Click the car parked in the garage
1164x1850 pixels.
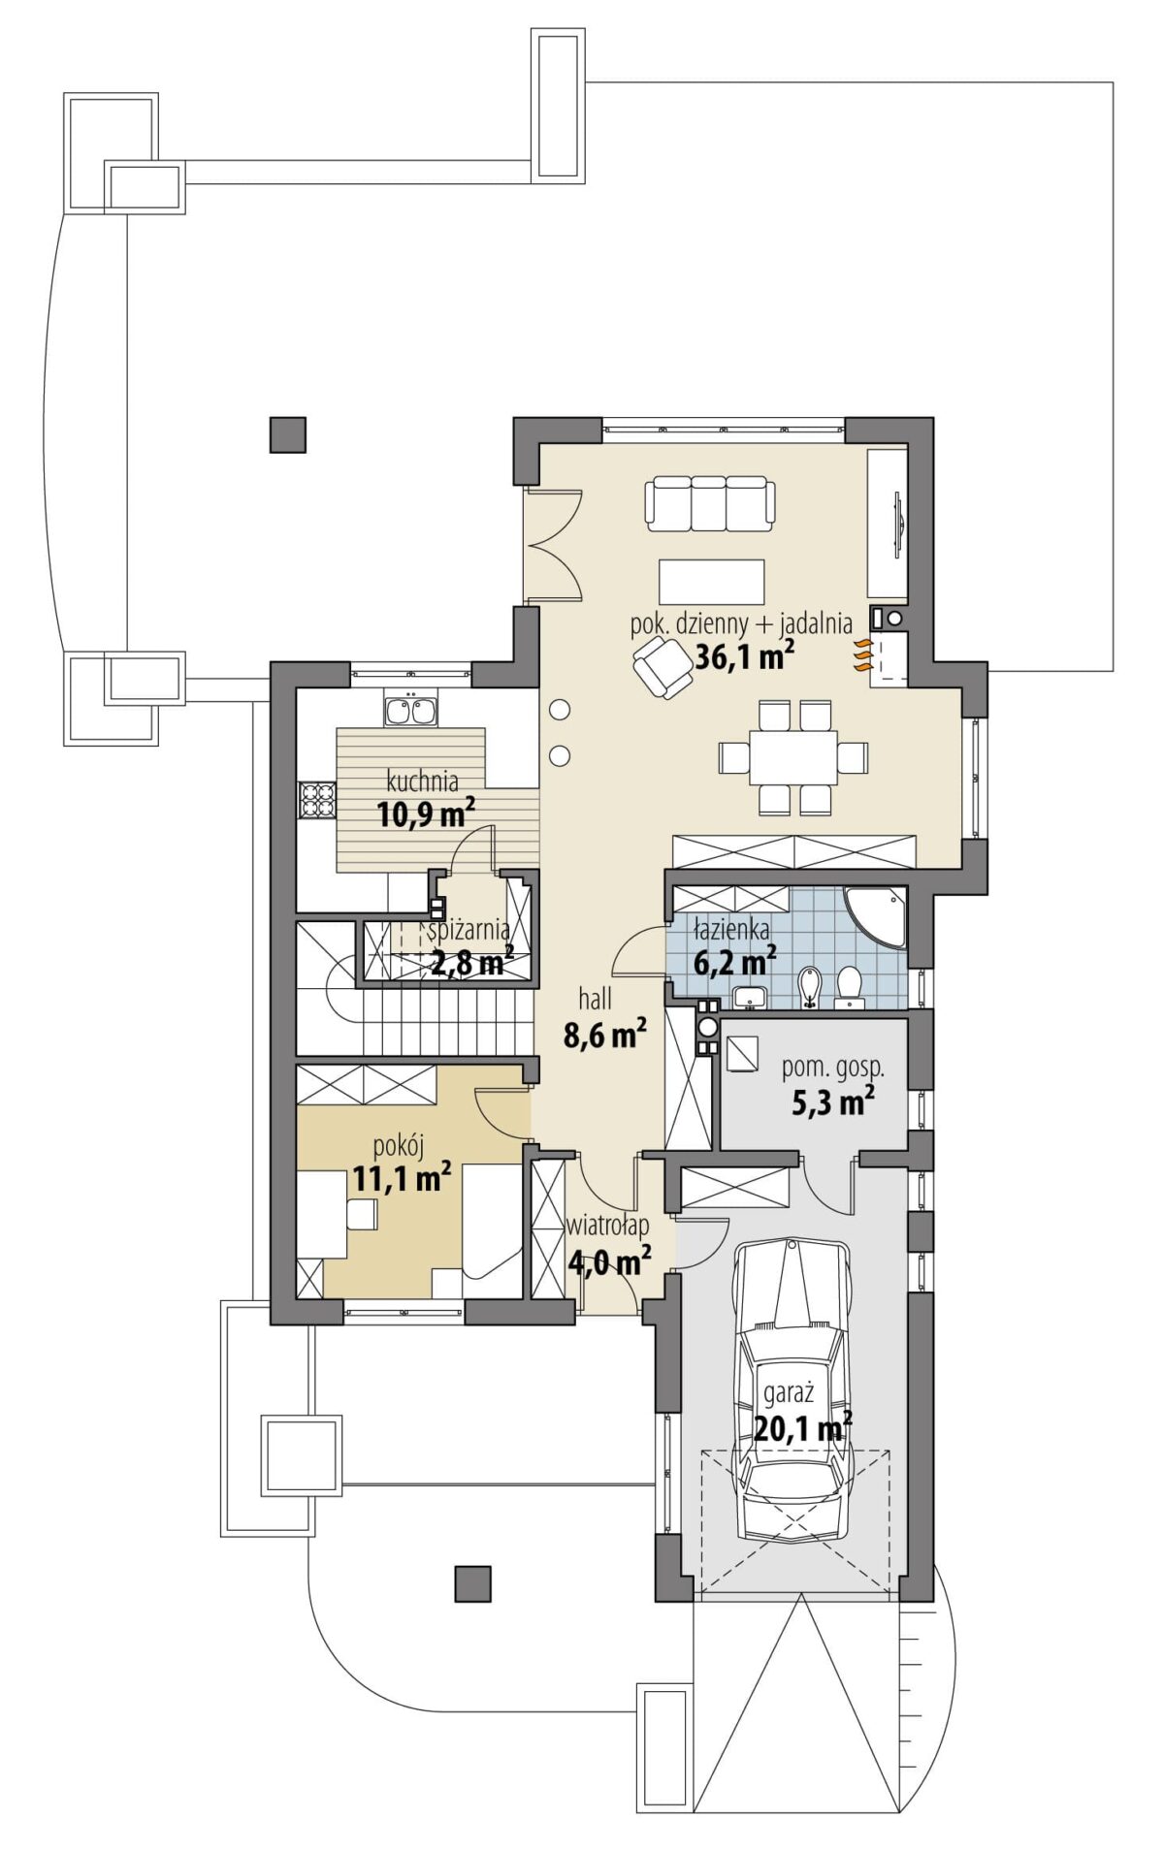792,1388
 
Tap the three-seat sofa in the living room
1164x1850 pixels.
711,503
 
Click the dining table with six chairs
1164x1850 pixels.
792,757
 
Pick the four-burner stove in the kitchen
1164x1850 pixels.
316,801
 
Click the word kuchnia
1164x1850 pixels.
422,781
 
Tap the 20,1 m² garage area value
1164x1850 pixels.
803,1428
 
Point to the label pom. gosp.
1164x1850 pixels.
833,1068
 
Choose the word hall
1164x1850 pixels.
595,999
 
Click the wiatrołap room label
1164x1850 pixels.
608,1226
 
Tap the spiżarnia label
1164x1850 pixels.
469,931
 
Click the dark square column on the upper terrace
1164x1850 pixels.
288,435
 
